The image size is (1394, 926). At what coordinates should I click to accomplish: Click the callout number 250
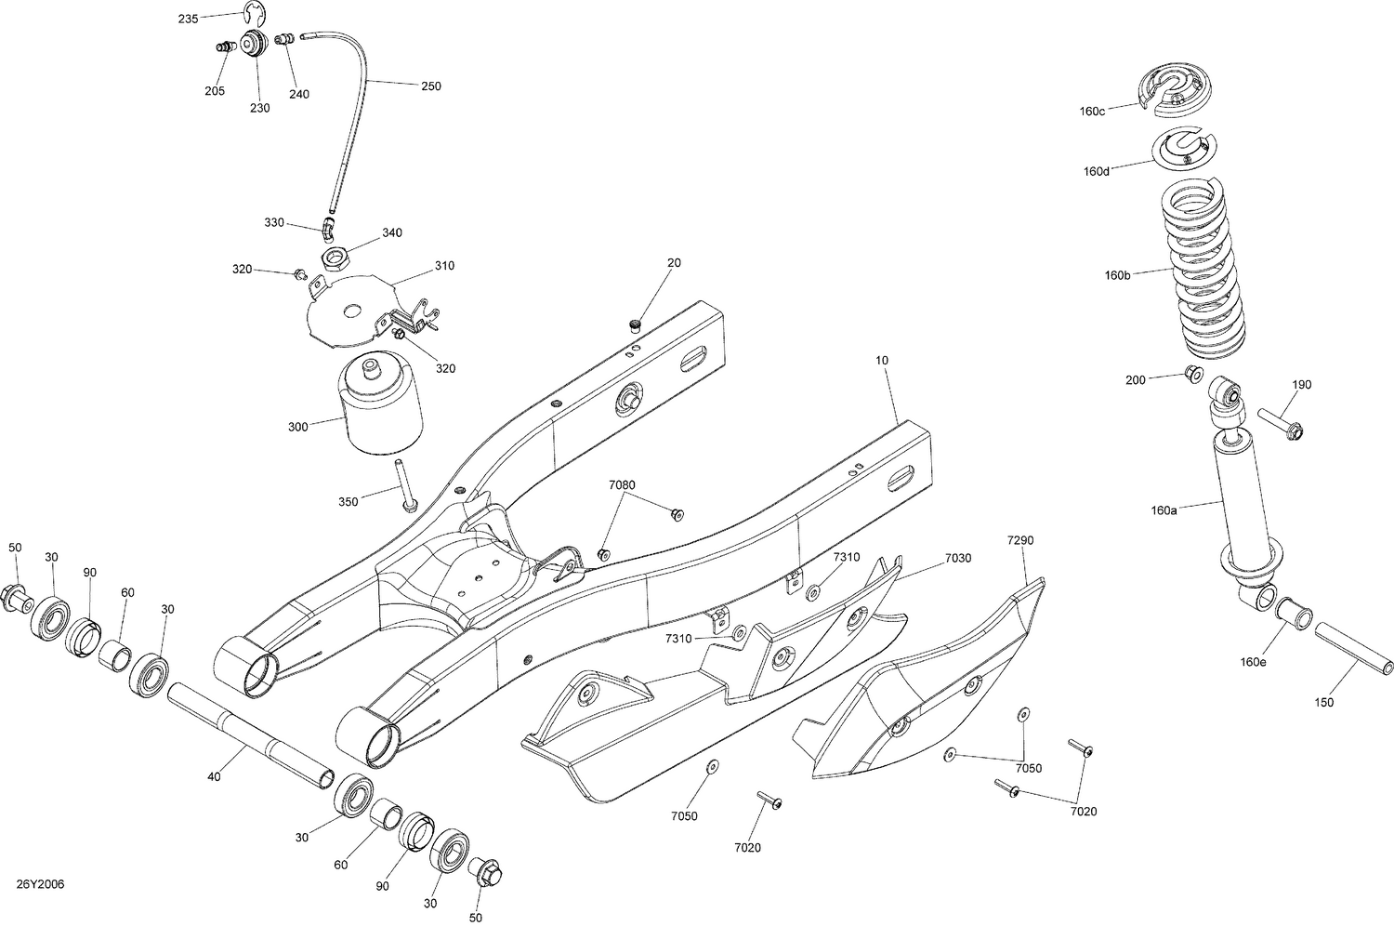point(430,86)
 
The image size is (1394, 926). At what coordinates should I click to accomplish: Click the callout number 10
point(882,358)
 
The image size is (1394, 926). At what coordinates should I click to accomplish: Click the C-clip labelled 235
point(251,12)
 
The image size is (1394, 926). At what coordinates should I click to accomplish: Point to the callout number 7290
point(1020,540)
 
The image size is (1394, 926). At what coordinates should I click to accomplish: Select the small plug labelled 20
point(636,324)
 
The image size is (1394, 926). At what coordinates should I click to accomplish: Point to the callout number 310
point(443,266)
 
